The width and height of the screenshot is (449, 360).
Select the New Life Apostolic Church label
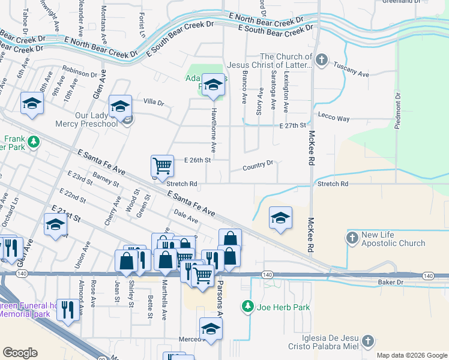click(x=393, y=239)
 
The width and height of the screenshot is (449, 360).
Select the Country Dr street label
click(x=258, y=164)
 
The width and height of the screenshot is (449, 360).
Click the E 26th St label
click(x=199, y=160)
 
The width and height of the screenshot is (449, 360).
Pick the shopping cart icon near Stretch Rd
click(x=162, y=165)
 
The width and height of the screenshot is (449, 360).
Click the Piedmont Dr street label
click(x=397, y=112)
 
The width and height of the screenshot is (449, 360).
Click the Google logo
click(x=20, y=353)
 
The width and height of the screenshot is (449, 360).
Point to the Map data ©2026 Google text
click(x=411, y=355)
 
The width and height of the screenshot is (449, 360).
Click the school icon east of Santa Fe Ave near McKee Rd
click(x=280, y=218)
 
